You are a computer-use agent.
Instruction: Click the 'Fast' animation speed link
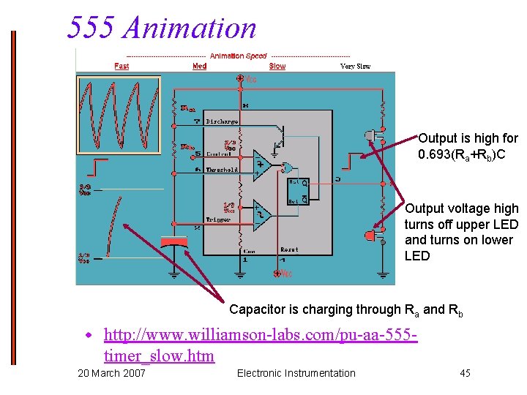(122, 66)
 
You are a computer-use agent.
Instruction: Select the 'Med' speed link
(199, 66)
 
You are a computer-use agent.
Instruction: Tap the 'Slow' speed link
(277, 66)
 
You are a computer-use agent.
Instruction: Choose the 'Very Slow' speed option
(355, 67)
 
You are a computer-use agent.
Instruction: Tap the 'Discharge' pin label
(222, 121)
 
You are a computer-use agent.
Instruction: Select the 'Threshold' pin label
(222, 170)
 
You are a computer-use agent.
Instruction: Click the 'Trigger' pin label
(217, 219)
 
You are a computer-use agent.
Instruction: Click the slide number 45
(465, 374)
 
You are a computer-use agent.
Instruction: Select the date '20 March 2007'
(111, 374)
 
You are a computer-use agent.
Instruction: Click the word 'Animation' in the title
(190, 28)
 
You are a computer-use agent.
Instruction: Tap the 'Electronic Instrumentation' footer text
(296, 374)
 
